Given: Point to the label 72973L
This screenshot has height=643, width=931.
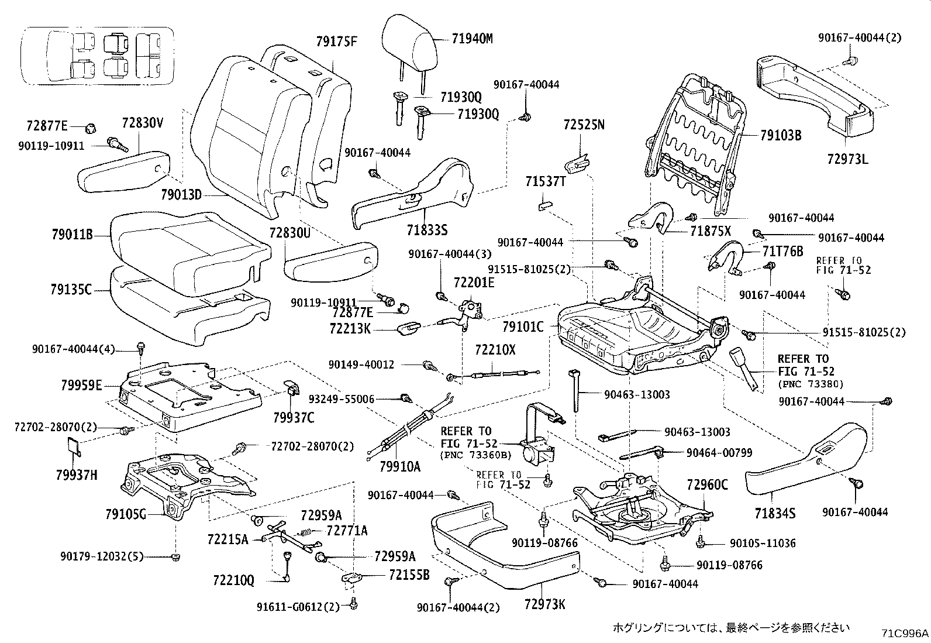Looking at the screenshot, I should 848,159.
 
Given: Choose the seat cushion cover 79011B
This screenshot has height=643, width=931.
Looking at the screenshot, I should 187,240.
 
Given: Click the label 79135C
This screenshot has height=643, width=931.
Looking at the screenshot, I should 71,289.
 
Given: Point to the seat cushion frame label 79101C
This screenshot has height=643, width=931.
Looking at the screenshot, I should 523,326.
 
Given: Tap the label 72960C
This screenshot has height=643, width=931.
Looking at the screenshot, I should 708,484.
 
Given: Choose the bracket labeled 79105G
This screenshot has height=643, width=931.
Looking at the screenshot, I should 126,515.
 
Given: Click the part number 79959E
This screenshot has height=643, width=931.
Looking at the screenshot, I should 81,385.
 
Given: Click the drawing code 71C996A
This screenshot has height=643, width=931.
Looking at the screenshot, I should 905,633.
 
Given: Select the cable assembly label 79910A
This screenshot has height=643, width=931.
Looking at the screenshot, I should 400,466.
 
